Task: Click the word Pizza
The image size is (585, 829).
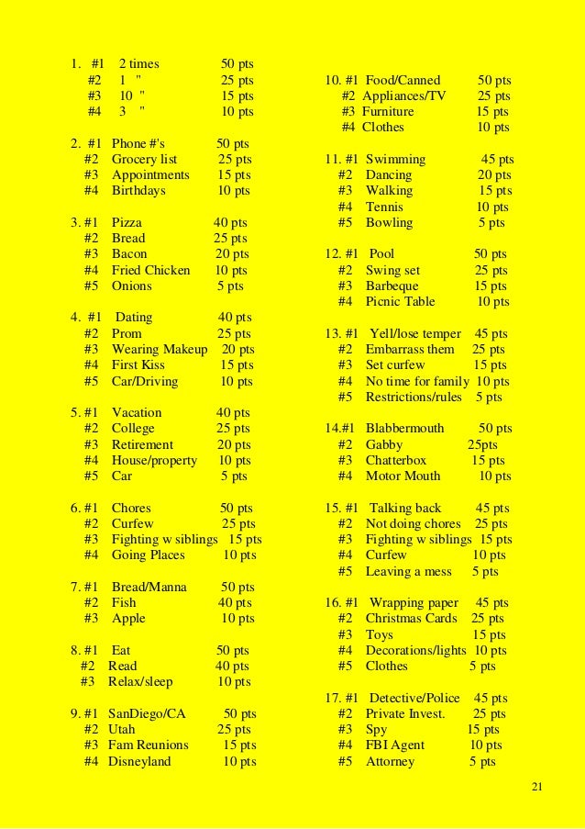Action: pyautogui.click(x=127, y=222)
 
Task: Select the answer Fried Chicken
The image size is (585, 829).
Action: pyautogui.click(x=150, y=270)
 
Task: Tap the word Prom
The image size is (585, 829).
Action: pyautogui.click(x=127, y=333)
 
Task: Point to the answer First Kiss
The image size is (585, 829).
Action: pyautogui.click(x=138, y=364)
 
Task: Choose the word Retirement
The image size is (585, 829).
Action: pyautogui.click(x=142, y=444)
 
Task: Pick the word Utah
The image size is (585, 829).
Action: pyautogui.click(x=121, y=729)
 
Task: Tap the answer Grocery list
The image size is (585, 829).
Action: pyautogui.click(x=144, y=159)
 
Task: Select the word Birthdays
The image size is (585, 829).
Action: pyautogui.click(x=138, y=190)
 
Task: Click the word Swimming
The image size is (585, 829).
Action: pyautogui.click(x=395, y=159)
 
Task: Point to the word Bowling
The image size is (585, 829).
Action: pyautogui.click(x=389, y=222)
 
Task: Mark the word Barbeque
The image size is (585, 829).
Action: pyautogui.click(x=392, y=286)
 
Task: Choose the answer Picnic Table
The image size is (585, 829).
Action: pyautogui.click(x=400, y=301)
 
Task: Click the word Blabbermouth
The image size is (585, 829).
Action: pyautogui.click(x=404, y=428)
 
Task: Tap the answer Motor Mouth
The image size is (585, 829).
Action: pyautogui.click(x=403, y=476)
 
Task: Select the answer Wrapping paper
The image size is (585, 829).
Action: pyautogui.click(x=413, y=602)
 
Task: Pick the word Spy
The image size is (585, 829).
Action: pyautogui.click(x=376, y=729)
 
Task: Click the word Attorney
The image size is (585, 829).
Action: pyautogui.click(x=390, y=761)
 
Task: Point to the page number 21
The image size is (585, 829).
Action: pyautogui.click(x=537, y=789)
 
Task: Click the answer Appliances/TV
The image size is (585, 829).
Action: pyautogui.click(x=404, y=95)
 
